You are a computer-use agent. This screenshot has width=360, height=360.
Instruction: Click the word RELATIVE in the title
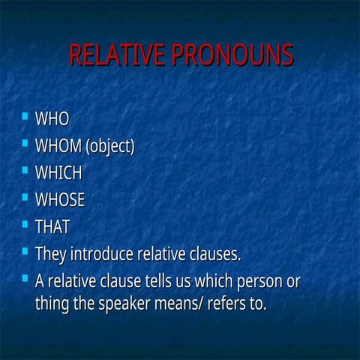[x=115, y=56]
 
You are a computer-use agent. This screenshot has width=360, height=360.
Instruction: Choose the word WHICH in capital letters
[x=58, y=172]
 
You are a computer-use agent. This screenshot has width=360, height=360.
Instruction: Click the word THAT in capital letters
[x=52, y=226]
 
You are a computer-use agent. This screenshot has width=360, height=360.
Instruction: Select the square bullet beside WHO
[x=25, y=116]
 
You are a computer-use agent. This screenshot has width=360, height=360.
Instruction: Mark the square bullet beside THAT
[x=25, y=223]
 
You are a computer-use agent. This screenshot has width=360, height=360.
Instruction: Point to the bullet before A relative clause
[x=25, y=278]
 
